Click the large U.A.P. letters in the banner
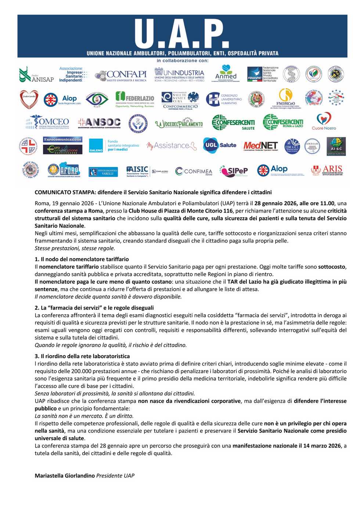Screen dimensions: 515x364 pos(182,34)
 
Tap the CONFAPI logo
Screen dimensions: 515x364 pos(121,75)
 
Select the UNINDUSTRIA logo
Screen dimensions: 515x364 pos(179,75)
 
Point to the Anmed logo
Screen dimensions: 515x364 pos(226,73)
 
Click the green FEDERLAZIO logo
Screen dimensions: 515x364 pos(135,99)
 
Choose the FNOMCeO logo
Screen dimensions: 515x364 pos(285,99)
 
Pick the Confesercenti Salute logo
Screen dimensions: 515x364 pos(233,123)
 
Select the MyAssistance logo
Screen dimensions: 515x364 pos(171,146)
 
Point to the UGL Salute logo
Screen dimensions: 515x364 pos(220,145)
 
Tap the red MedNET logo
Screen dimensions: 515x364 pos(260,146)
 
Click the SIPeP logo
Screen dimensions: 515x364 pos(234,171)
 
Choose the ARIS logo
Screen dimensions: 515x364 pos(327,170)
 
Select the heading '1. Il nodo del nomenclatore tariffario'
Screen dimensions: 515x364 pos(82,259)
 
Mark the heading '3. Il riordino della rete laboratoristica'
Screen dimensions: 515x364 pos(82,356)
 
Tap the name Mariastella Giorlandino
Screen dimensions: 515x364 pos(65,475)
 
